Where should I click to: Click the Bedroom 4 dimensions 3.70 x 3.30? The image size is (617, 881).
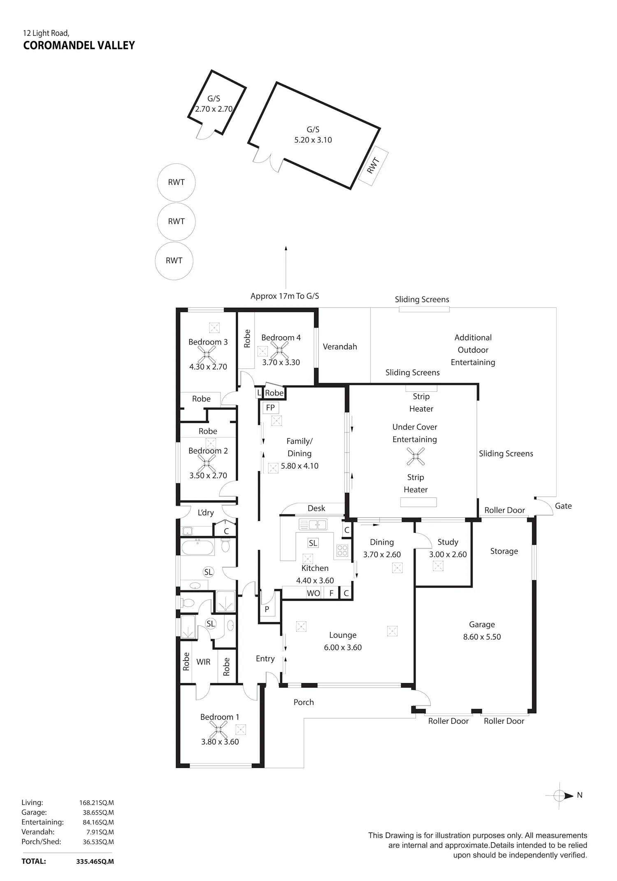[281, 363]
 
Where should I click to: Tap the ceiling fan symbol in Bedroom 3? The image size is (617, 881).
[206, 354]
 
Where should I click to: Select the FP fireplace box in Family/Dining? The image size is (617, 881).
[270, 408]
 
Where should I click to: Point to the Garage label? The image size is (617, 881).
[482, 624]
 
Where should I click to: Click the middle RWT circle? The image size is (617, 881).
[176, 221]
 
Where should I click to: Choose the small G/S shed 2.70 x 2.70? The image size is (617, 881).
[217, 102]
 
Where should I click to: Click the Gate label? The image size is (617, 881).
[563, 506]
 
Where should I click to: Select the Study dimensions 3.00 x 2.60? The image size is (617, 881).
[448, 554]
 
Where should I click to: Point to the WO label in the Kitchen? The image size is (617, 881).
[313, 593]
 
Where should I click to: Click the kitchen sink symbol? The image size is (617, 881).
[313, 525]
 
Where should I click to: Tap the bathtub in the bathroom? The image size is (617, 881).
[197, 547]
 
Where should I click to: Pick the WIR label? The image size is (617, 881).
[203, 662]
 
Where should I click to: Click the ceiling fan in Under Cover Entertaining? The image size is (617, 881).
[415, 456]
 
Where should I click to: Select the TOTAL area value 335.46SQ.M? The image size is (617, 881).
[95, 861]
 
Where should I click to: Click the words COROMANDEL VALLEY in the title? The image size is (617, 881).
[79, 45]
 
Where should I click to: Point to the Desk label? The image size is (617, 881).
[316, 508]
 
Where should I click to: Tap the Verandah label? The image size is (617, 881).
[340, 346]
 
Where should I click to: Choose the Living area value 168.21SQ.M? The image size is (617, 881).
[97, 802]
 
